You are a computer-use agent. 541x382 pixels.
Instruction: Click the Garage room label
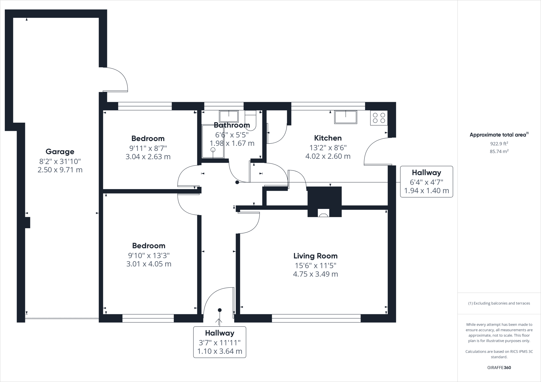[x=60, y=152]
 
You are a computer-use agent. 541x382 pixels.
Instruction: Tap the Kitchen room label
[x=328, y=138]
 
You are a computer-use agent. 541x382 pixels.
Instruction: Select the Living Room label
[x=315, y=256]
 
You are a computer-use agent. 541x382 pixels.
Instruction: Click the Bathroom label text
[x=232, y=125]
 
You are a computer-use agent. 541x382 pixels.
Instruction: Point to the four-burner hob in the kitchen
[x=379, y=118]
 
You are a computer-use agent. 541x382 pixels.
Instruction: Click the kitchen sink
[x=346, y=117]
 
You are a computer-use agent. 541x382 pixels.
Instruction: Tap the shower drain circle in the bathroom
[x=213, y=150]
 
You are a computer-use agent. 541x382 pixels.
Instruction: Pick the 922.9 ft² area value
[x=499, y=144]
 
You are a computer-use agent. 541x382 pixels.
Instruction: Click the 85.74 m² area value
[x=499, y=151]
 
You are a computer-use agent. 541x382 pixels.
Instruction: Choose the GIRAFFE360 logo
[x=499, y=367]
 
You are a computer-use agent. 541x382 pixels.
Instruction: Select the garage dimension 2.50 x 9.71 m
[x=60, y=170]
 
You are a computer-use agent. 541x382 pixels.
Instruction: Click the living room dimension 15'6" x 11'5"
[x=315, y=265]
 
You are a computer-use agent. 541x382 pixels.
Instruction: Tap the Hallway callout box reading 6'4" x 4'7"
[x=426, y=182]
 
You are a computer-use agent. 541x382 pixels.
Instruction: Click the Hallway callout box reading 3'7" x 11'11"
[x=220, y=342]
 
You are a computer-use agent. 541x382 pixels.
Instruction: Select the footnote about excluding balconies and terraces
[x=499, y=303]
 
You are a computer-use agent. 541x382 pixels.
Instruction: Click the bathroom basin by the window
[x=229, y=116]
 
